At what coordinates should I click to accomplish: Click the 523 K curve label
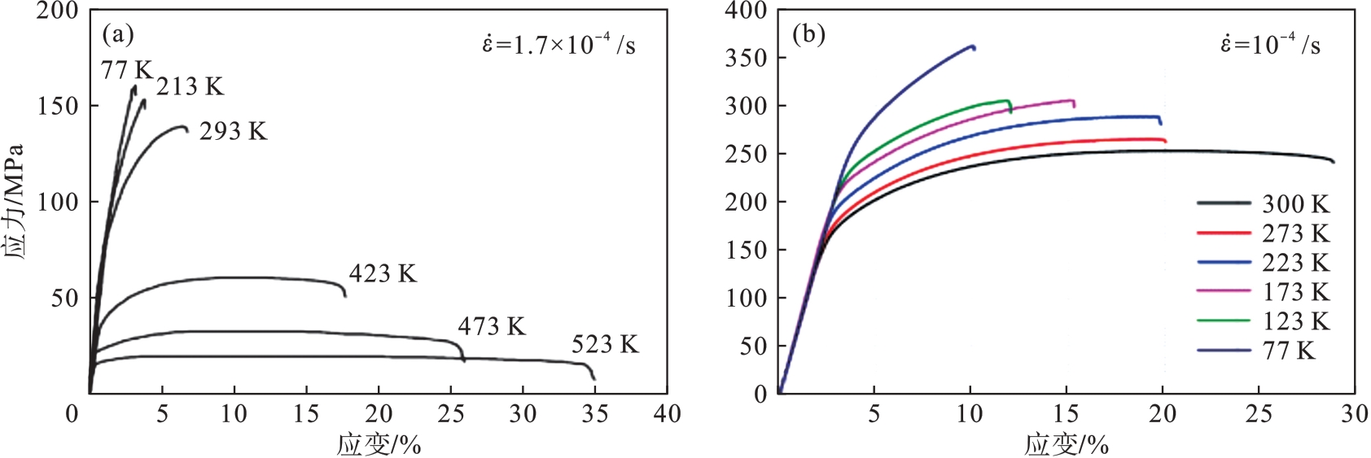pyautogui.click(x=605, y=345)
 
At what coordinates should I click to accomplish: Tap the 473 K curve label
pyautogui.click(x=492, y=327)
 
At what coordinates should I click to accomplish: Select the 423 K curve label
pyautogui.click(x=383, y=274)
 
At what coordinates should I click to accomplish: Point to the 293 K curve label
pyautogui.click(x=233, y=132)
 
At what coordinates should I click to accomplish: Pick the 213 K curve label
pyautogui.click(x=190, y=87)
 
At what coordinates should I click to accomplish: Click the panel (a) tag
pyautogui.click(x=118, y=34)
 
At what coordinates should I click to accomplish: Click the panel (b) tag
pyautogui.click(x=808, y=34)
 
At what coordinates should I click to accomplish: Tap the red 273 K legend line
pyautogui.click(x=1223, y=233)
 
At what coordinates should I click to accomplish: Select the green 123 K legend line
pyautogui.click(x=1223, y=321)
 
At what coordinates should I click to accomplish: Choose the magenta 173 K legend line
pyautogui.click(x=1223, y=292)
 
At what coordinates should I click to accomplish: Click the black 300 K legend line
pyautogui.click(x=1223, y=203)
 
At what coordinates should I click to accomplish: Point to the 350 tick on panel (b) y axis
pyautogui.click(x=746, y=58)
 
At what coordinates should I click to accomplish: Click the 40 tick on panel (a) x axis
pyautogui.click(x=667, y=414)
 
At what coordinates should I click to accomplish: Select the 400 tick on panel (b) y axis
pyautogui.click(x=746, y=11)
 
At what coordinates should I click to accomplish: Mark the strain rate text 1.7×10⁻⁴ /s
pyautogui.click(x=558, y=44)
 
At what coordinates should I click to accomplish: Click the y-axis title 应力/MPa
pyautogui.click(x=14, y=202)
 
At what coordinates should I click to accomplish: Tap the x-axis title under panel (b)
pyautogui.click(x=1066, y=445)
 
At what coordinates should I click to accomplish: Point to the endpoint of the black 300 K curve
pyautogui.click(x=1334, y=162)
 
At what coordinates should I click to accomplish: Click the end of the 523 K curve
pyautogui.click(x=594, y=379)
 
